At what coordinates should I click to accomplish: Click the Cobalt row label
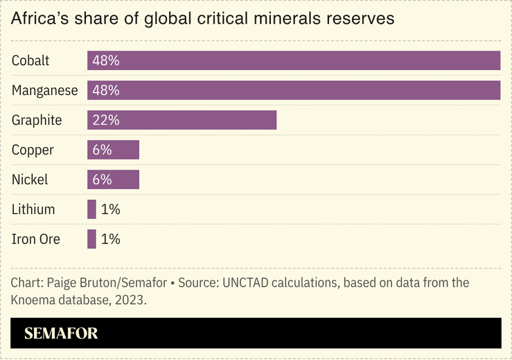point(30,60)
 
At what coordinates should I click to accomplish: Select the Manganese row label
point(45,90)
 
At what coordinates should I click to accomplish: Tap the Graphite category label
point(37,120)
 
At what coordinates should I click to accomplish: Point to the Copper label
point(33,150)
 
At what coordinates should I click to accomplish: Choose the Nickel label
point(30,179)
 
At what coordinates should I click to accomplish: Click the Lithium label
point(33,209)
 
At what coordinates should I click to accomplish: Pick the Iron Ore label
point(36,239)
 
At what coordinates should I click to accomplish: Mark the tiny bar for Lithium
point(91,209)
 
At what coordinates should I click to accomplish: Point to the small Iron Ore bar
point(91,239)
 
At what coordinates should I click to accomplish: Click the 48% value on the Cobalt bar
point(106,60)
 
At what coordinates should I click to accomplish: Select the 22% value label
point(106,120)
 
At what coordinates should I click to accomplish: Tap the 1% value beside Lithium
point(110,209)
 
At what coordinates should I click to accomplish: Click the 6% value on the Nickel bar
point(102,179)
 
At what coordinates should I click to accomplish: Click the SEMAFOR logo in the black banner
point(61,334)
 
